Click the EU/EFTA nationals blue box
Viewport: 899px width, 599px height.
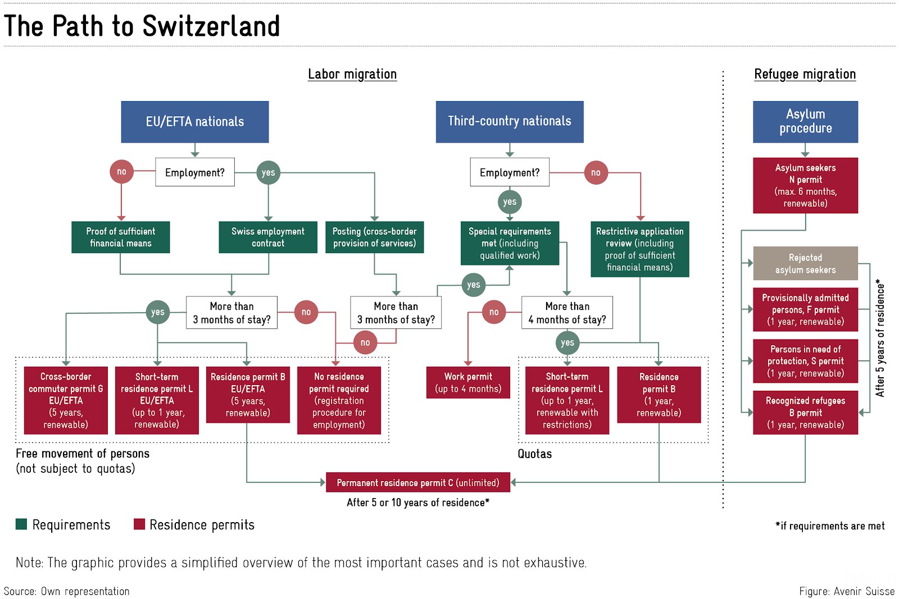pyautogui.click(x=194, y=122)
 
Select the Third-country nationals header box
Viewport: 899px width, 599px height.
pyautogui.click(x=509, y=121)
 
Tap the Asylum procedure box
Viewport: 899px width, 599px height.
pyautogui.click(x=805, y=121)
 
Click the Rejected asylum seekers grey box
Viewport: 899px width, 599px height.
pyautogui.click(x=805, y=263)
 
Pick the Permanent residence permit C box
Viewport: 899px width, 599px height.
pyautogui.click(x=417, y=483)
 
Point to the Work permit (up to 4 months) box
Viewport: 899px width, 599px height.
pyautogui.click(x=467, y=382)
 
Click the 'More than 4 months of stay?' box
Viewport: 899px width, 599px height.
pyautogui.click(x=566, y=313)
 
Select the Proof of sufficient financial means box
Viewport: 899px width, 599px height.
pyautogui.click(x=120, y=237)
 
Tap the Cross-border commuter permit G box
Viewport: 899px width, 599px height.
pyautogui.click(x=66, y=400)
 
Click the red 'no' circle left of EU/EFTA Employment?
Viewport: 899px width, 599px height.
pyautogui.click(x=121, y=172)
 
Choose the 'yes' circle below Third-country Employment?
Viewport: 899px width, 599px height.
pyautogui.click(x=509, y=202)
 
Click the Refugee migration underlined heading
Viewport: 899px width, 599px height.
pyautogui.click(x=804, y=74)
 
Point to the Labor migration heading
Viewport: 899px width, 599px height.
pyautogui.click(x=352, y=74)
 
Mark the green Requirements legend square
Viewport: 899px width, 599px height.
pyautogui.click(x=21, y=524)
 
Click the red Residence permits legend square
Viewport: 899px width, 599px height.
pyautogui.click(x=139, y=524)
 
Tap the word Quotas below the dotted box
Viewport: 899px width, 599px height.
pyautogui.click(x=534, y=454)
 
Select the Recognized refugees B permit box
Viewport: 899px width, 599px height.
pyautogui.click(x=805, y=413)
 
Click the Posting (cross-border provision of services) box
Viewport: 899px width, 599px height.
pyautogui.click(x=374, y=237)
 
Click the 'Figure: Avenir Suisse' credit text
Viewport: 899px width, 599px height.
pyautogui.click(x=846, y=591)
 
